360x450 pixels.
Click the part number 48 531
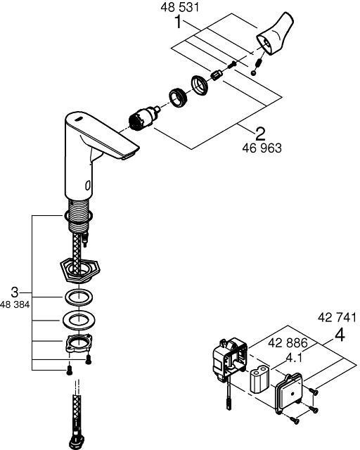179,7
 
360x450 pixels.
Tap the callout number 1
179,22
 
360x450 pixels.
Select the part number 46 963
262,148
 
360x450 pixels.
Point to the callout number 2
260,134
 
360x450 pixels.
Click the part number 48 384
15,304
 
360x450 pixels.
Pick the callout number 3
15,292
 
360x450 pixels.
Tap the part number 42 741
337,318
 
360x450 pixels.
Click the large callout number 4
340,335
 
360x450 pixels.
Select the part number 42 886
288,342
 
